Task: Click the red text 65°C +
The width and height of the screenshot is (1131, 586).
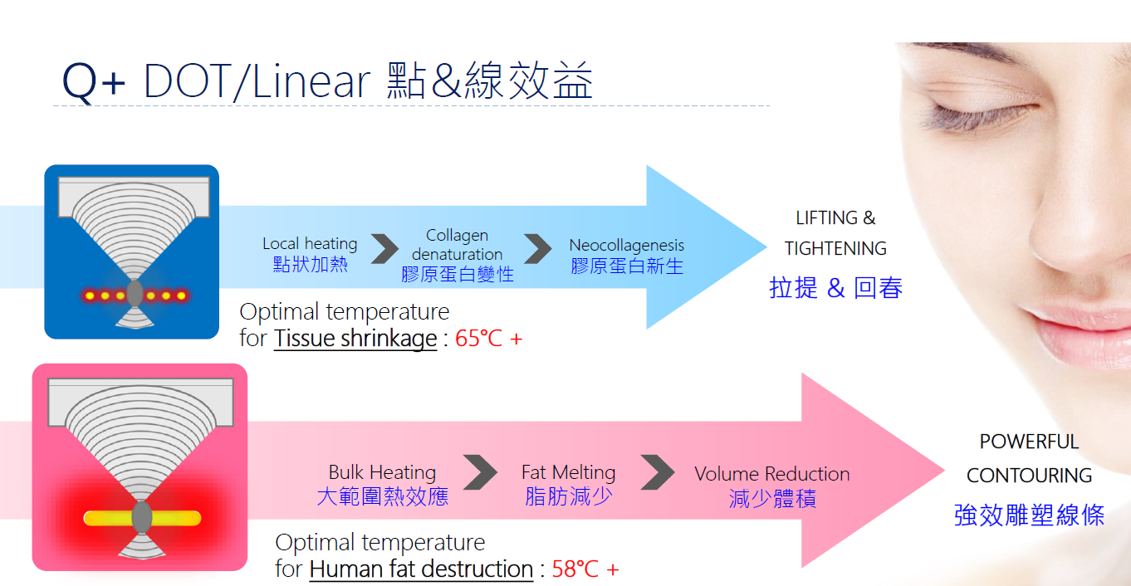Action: pos(488,338)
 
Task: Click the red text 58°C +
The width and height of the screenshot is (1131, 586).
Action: pos(585,569)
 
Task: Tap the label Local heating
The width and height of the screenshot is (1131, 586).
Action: pos(310,244)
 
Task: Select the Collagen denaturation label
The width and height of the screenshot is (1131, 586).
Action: pos(457,244)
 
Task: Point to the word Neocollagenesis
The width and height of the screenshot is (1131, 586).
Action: pos(627,246)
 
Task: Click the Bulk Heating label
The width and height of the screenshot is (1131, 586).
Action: pos(382,472)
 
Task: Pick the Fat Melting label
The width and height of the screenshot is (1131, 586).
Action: pos(569,473)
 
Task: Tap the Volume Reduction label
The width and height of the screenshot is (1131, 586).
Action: pos(772,474)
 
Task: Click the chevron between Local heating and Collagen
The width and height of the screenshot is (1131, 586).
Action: pos(384,248)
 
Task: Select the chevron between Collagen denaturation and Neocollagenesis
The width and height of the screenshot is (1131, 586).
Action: pos(538,248)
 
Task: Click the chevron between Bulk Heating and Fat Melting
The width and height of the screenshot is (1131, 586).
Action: pos(480,472)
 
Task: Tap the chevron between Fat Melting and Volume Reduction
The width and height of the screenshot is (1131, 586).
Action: pos(658,472)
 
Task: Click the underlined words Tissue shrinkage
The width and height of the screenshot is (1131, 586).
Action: pos(355,339)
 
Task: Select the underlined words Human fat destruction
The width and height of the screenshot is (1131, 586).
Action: pos(421,569)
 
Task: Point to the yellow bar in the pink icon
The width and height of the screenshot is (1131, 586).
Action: pos(142,519)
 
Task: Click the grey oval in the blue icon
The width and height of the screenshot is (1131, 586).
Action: pos(135,293)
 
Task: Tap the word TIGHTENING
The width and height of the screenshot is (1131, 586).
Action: pos(835,248)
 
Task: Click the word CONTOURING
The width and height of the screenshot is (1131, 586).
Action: pos(1029,476)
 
